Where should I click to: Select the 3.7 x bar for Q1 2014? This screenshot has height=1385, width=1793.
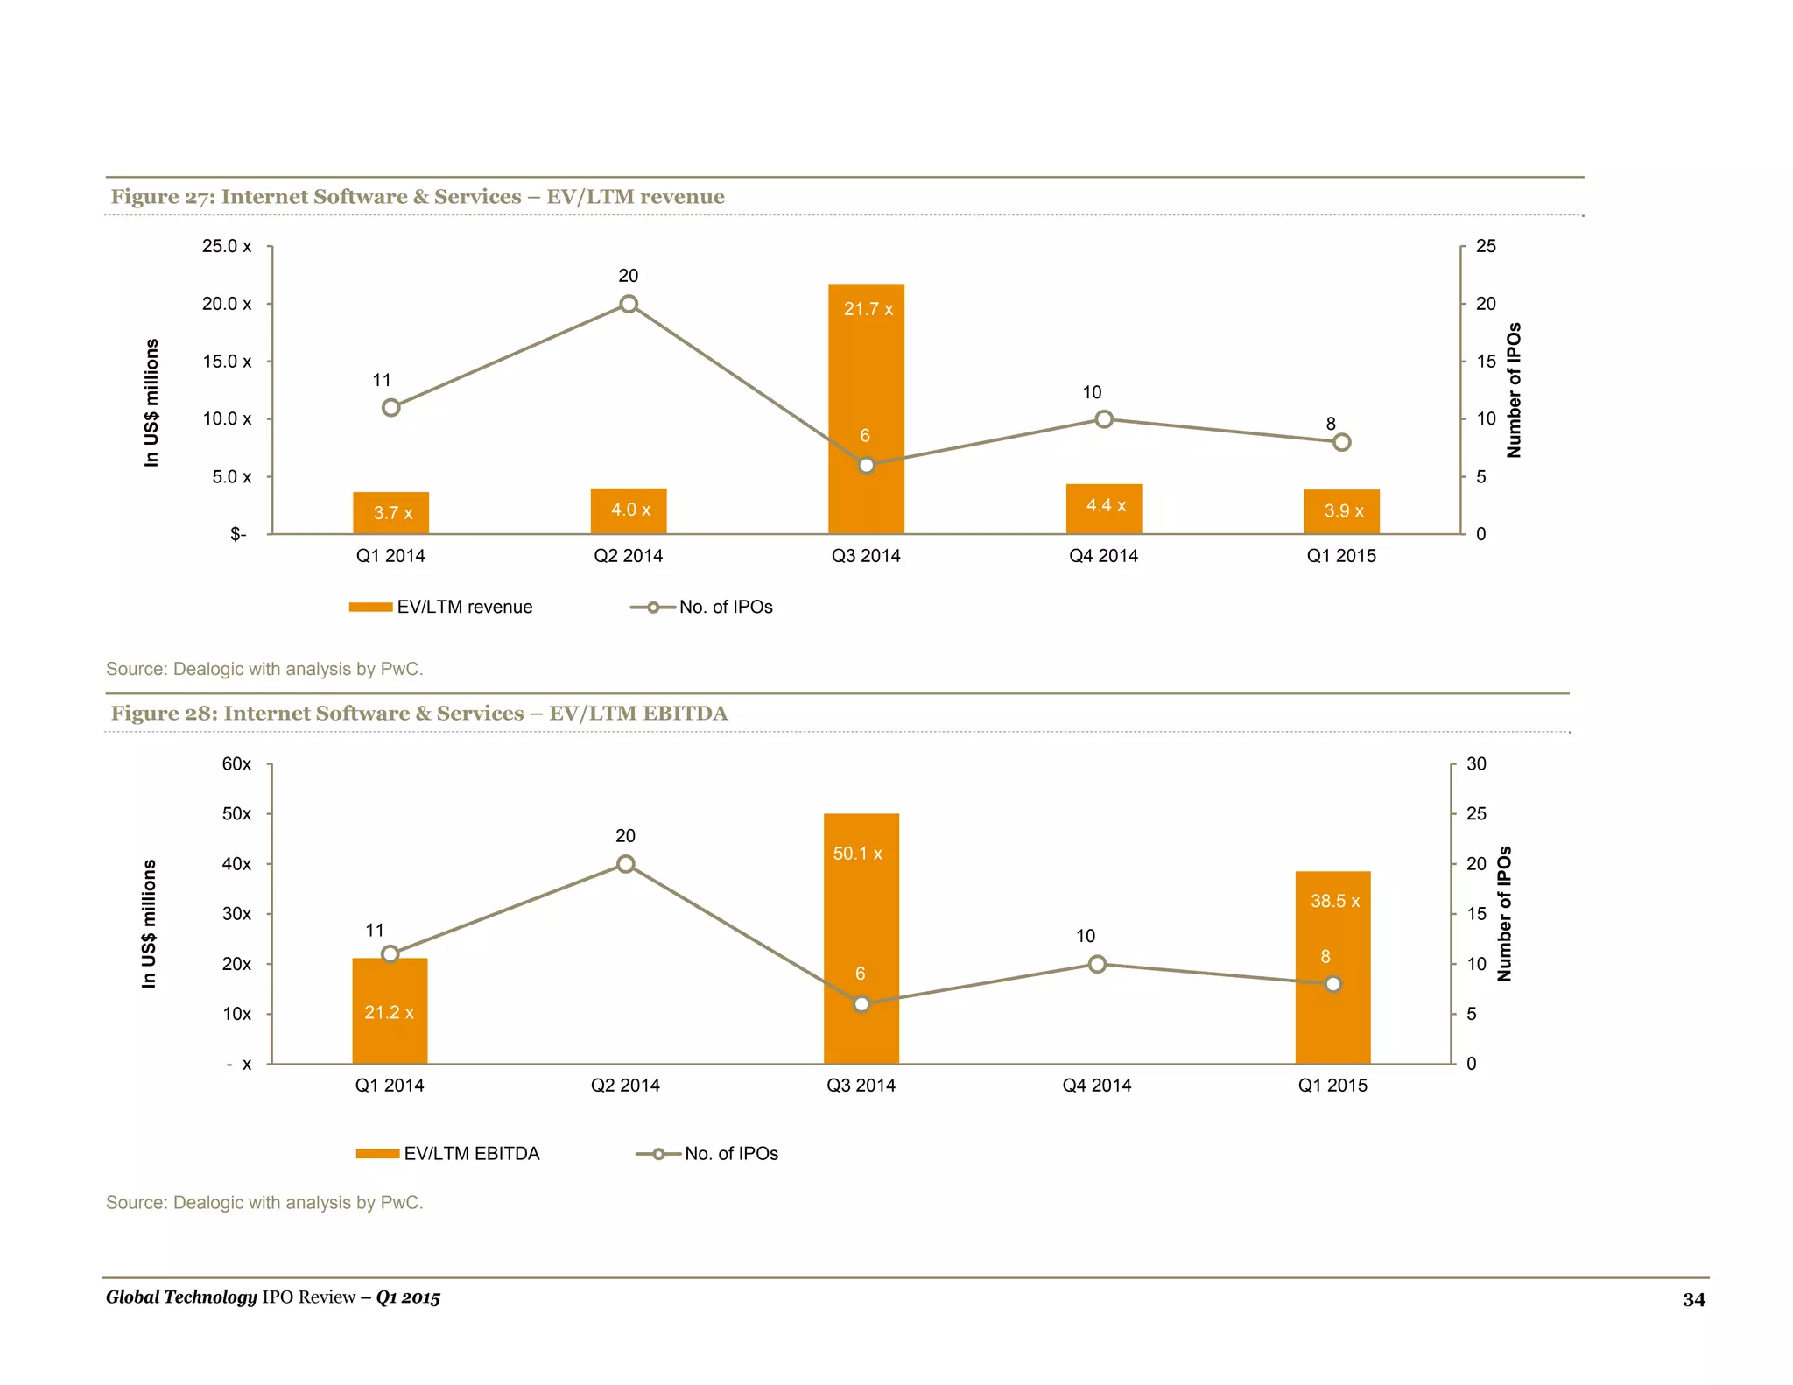point(390,513)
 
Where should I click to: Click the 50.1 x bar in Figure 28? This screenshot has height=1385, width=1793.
point(861,910)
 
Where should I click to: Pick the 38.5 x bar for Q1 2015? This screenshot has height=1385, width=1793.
point(1332,928)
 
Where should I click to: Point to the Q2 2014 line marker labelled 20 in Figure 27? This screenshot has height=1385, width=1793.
point(629,304)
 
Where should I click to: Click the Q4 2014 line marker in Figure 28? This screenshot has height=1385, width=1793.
point(1097,964)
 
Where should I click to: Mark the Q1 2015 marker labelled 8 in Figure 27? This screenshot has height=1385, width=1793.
point(1341,442)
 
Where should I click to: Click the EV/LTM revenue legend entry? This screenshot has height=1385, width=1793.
point(441,607)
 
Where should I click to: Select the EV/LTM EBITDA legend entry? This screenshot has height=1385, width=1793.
point(448,1153)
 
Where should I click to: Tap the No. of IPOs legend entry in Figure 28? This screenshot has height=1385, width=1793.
point(707,1153)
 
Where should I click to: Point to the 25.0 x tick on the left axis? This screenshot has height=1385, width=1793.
point(227,246)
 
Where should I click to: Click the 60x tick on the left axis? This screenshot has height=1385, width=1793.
point(236,763)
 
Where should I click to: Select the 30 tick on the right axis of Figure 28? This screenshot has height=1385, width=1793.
point(1476,763)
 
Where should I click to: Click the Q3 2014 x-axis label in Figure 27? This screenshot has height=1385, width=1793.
point(866,556)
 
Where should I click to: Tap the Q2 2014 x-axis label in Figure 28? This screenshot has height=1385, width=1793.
point(625,1086)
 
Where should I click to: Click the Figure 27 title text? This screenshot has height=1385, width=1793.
point(418,197)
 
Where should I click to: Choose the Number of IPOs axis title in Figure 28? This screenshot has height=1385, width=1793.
point(1504,913)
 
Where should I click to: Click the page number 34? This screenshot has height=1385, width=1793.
point(1693,1299)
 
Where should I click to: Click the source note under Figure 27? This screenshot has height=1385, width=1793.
point(264,669)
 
